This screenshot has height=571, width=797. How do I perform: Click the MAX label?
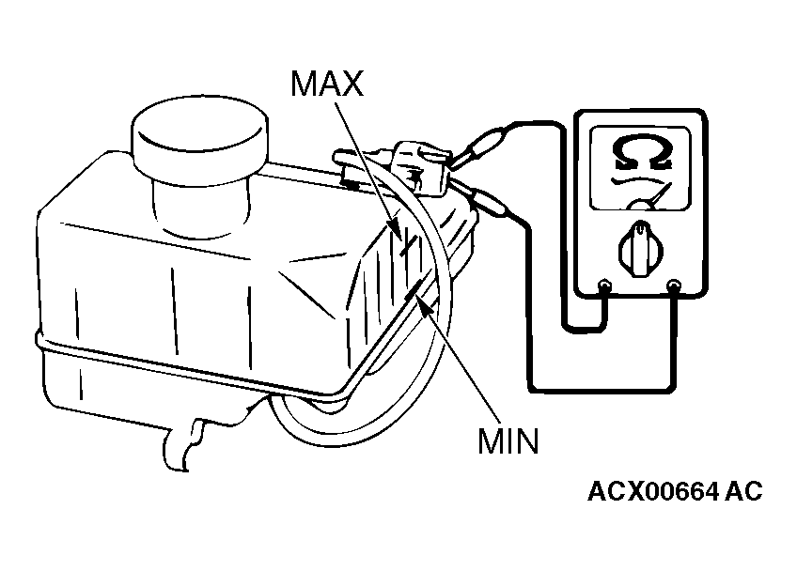[x=327, y=83]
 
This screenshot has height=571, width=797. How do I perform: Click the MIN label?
[x=508, y=440]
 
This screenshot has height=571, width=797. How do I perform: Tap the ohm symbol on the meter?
[x=642, y=152]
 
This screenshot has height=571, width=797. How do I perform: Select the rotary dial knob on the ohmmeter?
[x=641, y=250]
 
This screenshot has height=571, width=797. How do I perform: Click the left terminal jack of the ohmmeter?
[x=604, y=285]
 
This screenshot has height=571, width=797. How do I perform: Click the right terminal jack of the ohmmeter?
[x=674, y=285]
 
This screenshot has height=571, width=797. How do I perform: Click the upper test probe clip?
[x=477, y=147]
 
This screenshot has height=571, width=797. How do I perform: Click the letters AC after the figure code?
[x=743, y=491]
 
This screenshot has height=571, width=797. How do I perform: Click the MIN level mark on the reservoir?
[x=414, y=289]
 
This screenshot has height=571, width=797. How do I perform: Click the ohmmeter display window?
[x=640, y=168]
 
